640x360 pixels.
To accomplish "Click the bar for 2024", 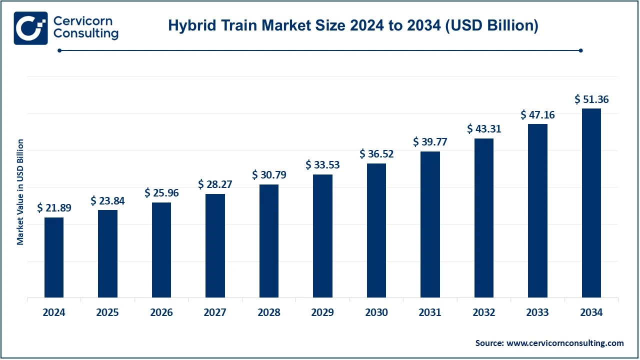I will click(54, 257).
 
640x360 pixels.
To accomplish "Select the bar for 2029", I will click(322, 236).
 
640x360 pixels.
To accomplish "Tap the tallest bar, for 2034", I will click(591, 203).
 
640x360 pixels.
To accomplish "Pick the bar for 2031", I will click(430, 224).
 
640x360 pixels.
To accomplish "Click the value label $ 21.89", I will click(54, 208).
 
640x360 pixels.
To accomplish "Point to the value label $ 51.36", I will click(591, 99).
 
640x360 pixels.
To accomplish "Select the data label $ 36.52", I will click(376, 154).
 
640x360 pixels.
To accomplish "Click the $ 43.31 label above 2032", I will click(484, 128).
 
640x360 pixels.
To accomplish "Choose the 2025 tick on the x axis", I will click(107, 313).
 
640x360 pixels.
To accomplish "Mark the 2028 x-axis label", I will click(269, 313).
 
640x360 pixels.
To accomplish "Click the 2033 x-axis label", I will click(537, 313).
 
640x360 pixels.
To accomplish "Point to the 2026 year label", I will click(161, 313).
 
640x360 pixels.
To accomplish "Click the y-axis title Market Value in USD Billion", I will click(20, 192).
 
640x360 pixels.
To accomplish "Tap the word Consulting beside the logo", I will click(85, 34).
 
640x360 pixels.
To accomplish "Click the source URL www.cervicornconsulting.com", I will click(565, 343).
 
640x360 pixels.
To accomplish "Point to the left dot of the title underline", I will click(59, 50).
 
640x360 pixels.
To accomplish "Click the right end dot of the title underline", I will click(580, 50).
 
